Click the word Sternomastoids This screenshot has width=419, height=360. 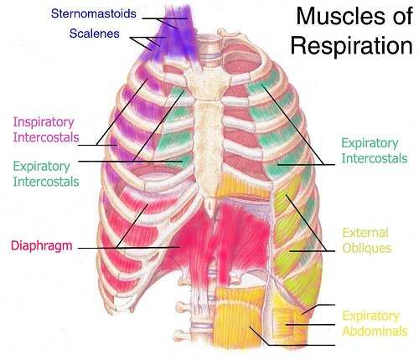point(94,13)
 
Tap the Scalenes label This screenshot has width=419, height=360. point(95,33)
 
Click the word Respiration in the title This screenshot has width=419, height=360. point(352,45)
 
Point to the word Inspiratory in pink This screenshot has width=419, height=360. point(44,122)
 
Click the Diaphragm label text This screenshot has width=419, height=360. point(42,246)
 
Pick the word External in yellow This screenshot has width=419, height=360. point(365,233)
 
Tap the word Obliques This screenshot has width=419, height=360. point(367,249)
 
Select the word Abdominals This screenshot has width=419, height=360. point(375,332)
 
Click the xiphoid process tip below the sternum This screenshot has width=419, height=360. point(211,213)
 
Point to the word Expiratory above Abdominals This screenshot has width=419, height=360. point(371,316)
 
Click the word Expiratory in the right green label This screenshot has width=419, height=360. point(370,143)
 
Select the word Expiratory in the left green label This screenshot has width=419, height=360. point(41,167)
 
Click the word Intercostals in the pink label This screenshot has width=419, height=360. point(46,137)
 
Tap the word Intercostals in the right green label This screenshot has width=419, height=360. point(375,158)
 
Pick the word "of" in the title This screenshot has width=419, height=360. point(403,16)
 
